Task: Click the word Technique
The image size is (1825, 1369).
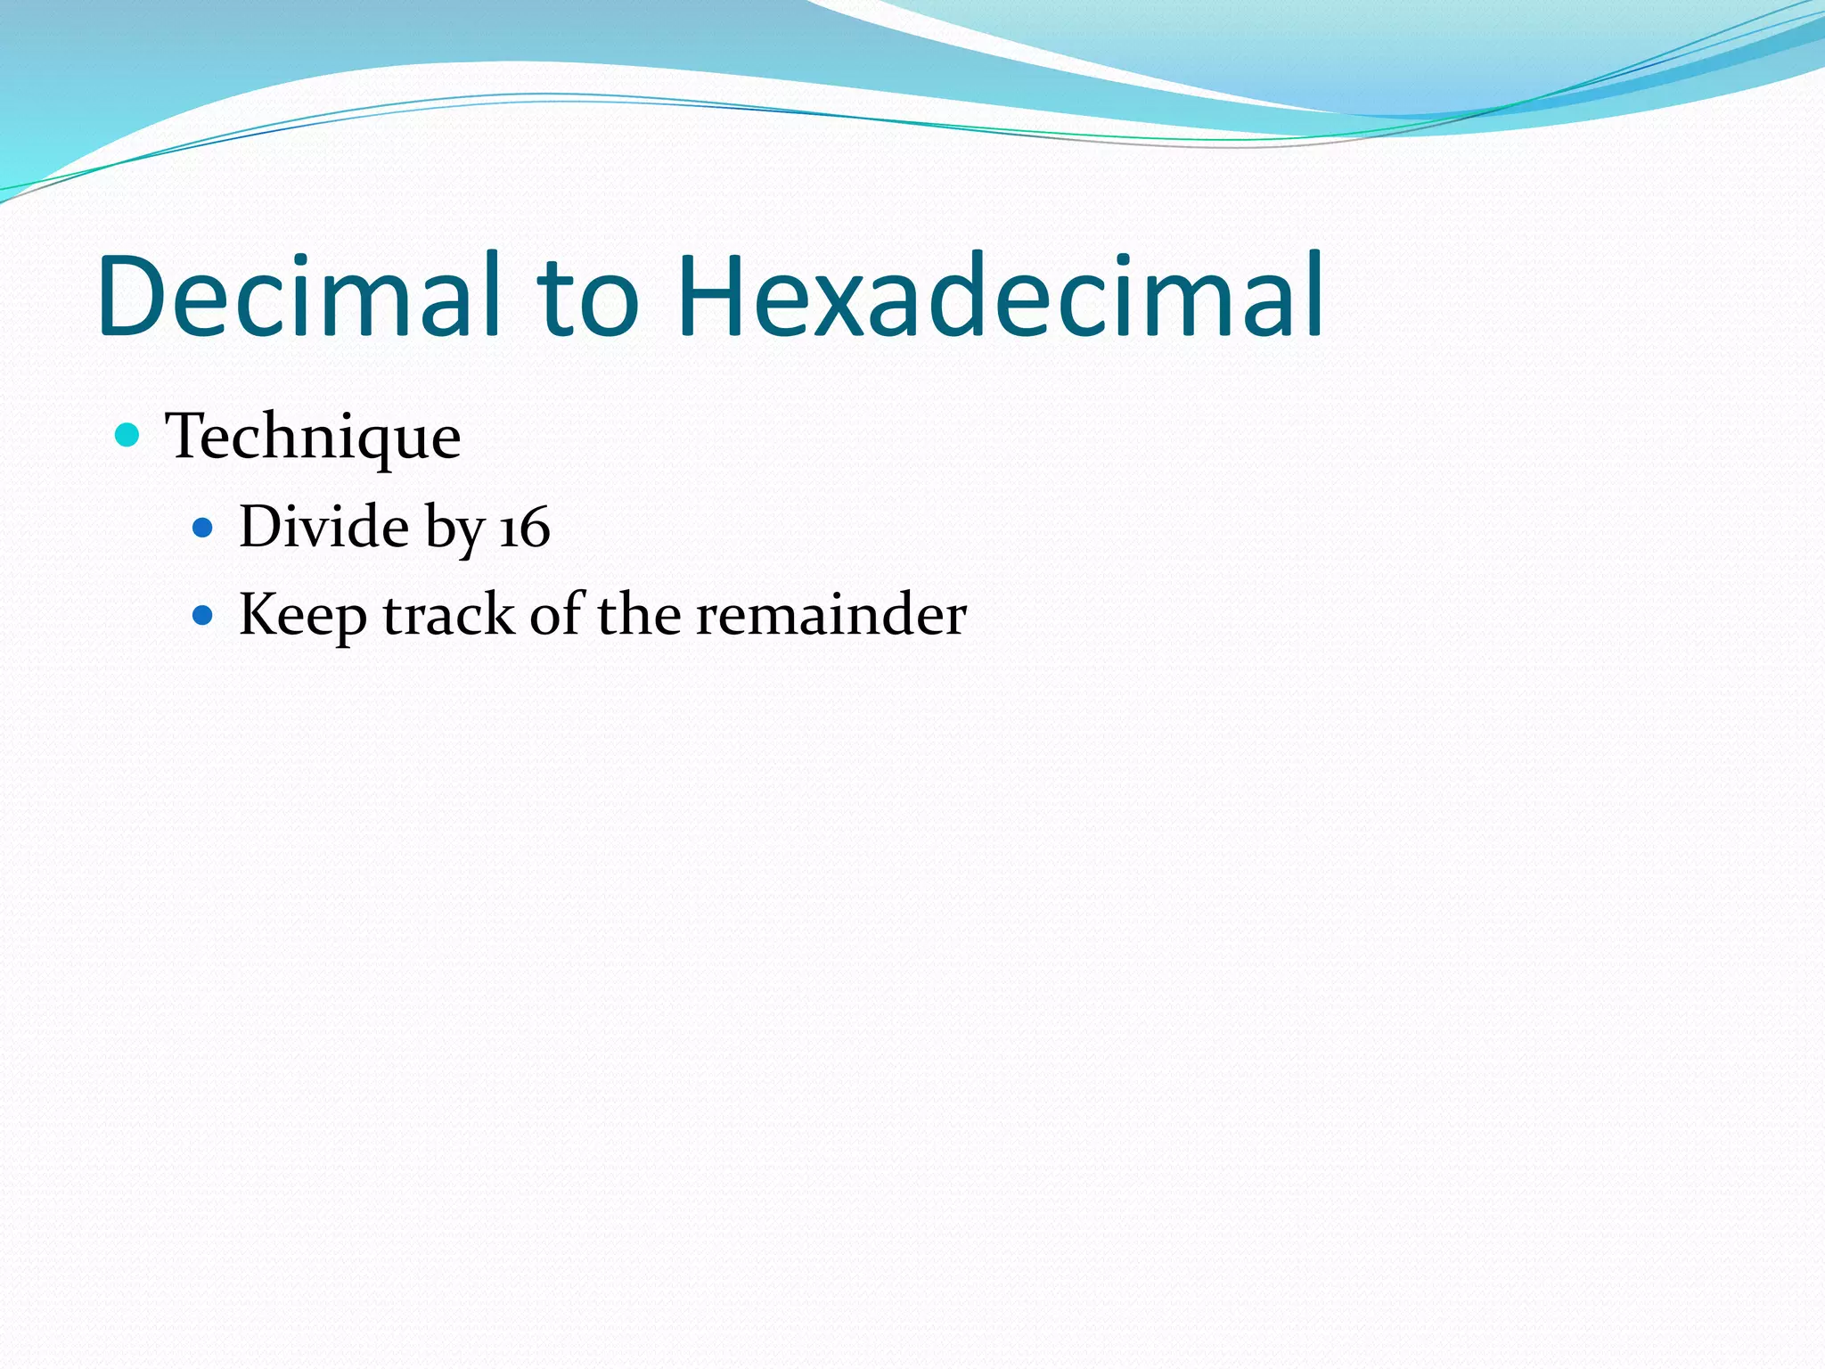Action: tap(313, 437)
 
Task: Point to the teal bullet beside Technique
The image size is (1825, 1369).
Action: tap(128, 435)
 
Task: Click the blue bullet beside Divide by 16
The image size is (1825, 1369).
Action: tap(203, 528)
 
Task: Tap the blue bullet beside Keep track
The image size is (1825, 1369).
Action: tap(203, 615)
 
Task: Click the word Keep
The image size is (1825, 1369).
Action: tap(303, 615)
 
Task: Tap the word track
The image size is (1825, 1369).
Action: tap(448, 615)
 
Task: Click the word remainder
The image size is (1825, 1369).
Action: tap(831, 615)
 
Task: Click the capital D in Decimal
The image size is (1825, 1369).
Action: tap(135, 296)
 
